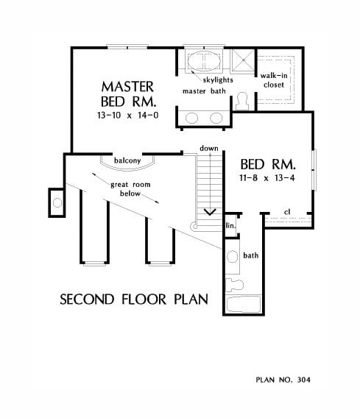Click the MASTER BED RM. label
pyautogui.click(x=128, y=94)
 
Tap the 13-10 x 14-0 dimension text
pyautogui.click(x=128, y=115)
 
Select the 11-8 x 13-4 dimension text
pyautogui.click(x=267, y=178)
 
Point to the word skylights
pyautogui.click(x=218, y=80)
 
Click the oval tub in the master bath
pyautogui.click(x=204, y=61)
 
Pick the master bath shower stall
pyautogui.click(x=243, y=60)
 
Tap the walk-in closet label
pyautogui.click(x=274, y=80)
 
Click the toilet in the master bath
pyautogui.click(x=242, y=102)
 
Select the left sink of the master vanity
pyautogui.click(x=191, y=118)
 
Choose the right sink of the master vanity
pyautogui.click(x=216, y=118)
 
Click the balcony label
pyautogui.click(x=127, y=160)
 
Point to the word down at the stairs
pyautogui.click(x=209, y=148)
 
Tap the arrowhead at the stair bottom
pyautogui.click(x=210, y=212)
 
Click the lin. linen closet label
pyautogui.click(x=231, y=226)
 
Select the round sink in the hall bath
pyautogui.click(x=232, y=257)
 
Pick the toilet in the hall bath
pyautogui.click(x=234, y=285)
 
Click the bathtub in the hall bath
pyautogui.click(x=244, y=305)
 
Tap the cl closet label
pyautogui.click(x=287, y=212)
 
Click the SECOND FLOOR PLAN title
pyautogui.click(x=134, y=300)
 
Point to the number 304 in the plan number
pyautogui.click(x=304, y=380)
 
